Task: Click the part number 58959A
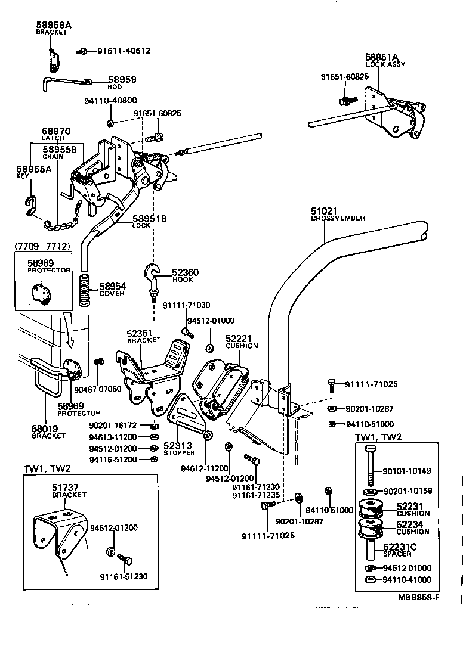pos(53,25)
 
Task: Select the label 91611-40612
pos(124,51)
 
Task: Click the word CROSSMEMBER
pos(338,219)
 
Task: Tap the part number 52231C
pos(400,547)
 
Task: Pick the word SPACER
pos(397,554)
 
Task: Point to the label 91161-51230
pos(123,576)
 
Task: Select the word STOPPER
pos(179,452)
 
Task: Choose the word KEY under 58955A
pos(23,177)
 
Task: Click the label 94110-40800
pos(110,100)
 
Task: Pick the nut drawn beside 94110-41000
pos(369,580)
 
